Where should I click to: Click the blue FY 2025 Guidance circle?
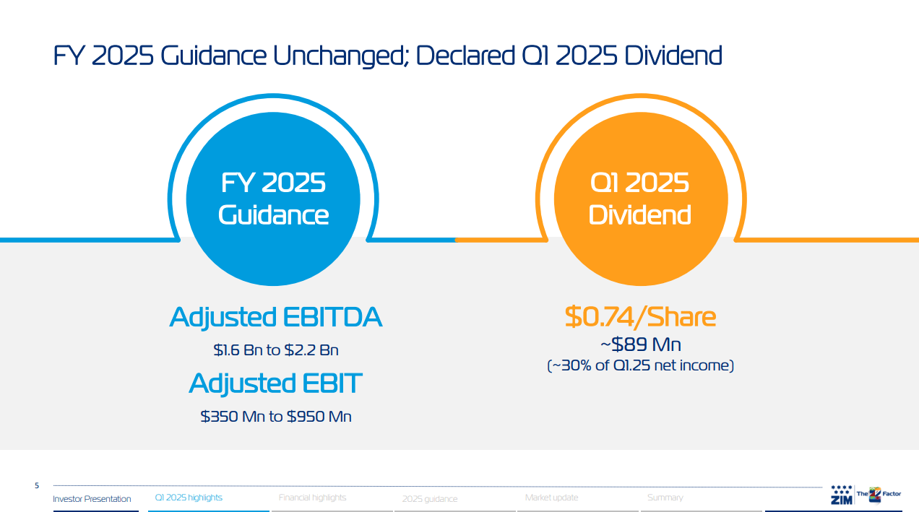click(273, 199)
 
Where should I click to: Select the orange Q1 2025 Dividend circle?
click(640, 199)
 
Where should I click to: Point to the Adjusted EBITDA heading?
click(275, 317)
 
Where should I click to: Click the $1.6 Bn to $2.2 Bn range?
click(276, 350)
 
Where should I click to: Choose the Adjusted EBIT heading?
click(275, 383)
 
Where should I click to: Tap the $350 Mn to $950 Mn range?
click(276, 417)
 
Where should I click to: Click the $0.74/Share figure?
click(640, 317)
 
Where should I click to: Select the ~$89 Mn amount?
click(640, 344)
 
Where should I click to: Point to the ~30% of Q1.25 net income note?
click(640, 366)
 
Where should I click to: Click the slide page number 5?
click(37, 486)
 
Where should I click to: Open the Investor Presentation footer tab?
click(92, 499)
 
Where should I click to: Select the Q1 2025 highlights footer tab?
click(189, 498)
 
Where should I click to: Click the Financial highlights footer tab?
click(312, 498)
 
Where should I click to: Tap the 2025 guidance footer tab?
click(430, 499)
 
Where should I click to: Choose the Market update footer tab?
click(551, 498)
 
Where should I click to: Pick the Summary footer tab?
click(665, 498)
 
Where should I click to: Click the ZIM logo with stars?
click(842, 495)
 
